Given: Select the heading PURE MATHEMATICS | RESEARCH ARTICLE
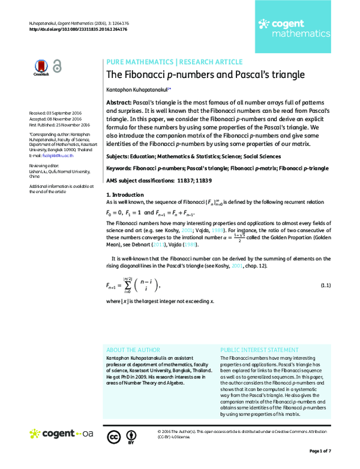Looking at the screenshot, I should pyautogui.click(x=174, y=62).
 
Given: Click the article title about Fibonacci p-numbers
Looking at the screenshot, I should pyautogui.click(x=205, y=75).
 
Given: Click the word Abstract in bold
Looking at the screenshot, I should pyautogui.click(x=118, y=103).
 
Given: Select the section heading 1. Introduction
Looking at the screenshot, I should pyautogui.click(x=125, y=195).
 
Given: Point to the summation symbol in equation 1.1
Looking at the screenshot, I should pyautogui.click(x=128, y=285).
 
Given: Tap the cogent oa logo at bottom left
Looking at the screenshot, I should pyautogui.click(x=62, y=433).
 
